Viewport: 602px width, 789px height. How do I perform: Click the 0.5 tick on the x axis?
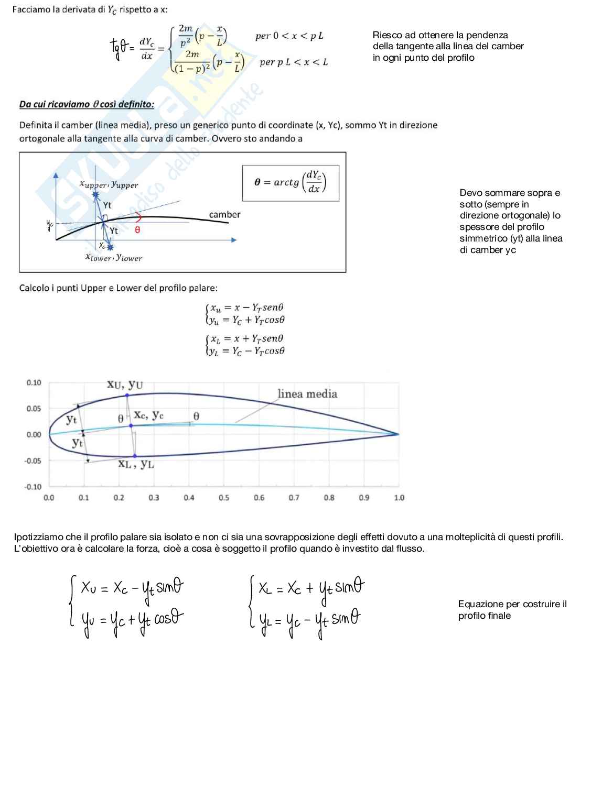(x=224, y=498)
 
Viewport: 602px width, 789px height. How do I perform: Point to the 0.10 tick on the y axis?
(x=34, y=383)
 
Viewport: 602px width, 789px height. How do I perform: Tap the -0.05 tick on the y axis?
(x=33, y=461)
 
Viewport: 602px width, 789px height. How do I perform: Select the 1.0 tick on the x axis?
(x=399, y=498)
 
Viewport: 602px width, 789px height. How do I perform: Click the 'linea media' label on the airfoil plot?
(x=307, y=394)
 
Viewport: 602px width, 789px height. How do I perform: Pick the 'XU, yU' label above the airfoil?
(x=125, y=385)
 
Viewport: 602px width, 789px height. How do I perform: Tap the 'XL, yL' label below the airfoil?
(x=136, y=464)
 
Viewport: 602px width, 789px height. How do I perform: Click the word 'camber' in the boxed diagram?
(x=224, y=214)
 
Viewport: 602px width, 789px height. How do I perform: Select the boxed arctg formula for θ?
(x=290, y=182)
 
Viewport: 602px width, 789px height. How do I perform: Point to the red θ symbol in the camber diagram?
(x=137, y=230)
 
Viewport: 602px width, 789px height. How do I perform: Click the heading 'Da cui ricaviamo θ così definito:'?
(x=87, y=104)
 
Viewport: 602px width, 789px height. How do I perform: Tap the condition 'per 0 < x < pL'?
(x=289, y=36)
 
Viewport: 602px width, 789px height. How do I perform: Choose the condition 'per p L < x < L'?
(x=294, y=62)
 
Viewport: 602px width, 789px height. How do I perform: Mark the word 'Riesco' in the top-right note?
(x=387, y=35)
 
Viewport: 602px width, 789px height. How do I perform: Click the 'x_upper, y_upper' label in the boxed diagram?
(x=109, y=185)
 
